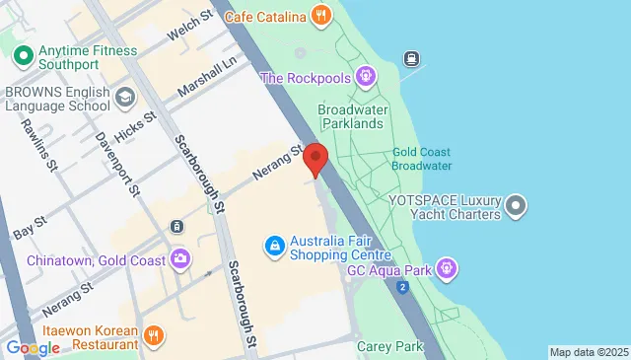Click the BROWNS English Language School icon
coord(124,96)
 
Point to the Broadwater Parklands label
coord(350,116)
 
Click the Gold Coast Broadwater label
coord(421,159)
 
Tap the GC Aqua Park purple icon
coord(447,267)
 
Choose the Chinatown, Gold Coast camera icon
coord(180,259)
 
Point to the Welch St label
coord(190,27)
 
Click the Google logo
coord(33,347)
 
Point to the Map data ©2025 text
coord(589,352)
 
